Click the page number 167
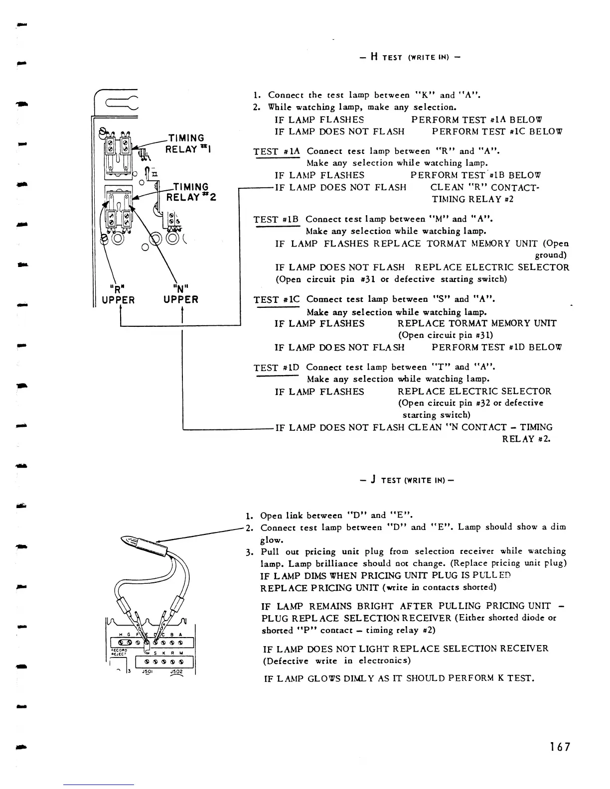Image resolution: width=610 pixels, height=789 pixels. [x=560, y=747]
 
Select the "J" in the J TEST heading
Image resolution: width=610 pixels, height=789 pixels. [x=373, y=480]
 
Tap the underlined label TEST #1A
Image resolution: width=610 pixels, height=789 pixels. [x=276, y=151]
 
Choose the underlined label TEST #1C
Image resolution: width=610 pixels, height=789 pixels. [x=276, y=300]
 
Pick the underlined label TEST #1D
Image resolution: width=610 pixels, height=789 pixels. [x=276, y=368]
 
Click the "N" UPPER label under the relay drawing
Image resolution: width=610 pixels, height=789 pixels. [x=180, y=294]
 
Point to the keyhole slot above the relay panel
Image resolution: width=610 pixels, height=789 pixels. [x=118, y=104]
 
